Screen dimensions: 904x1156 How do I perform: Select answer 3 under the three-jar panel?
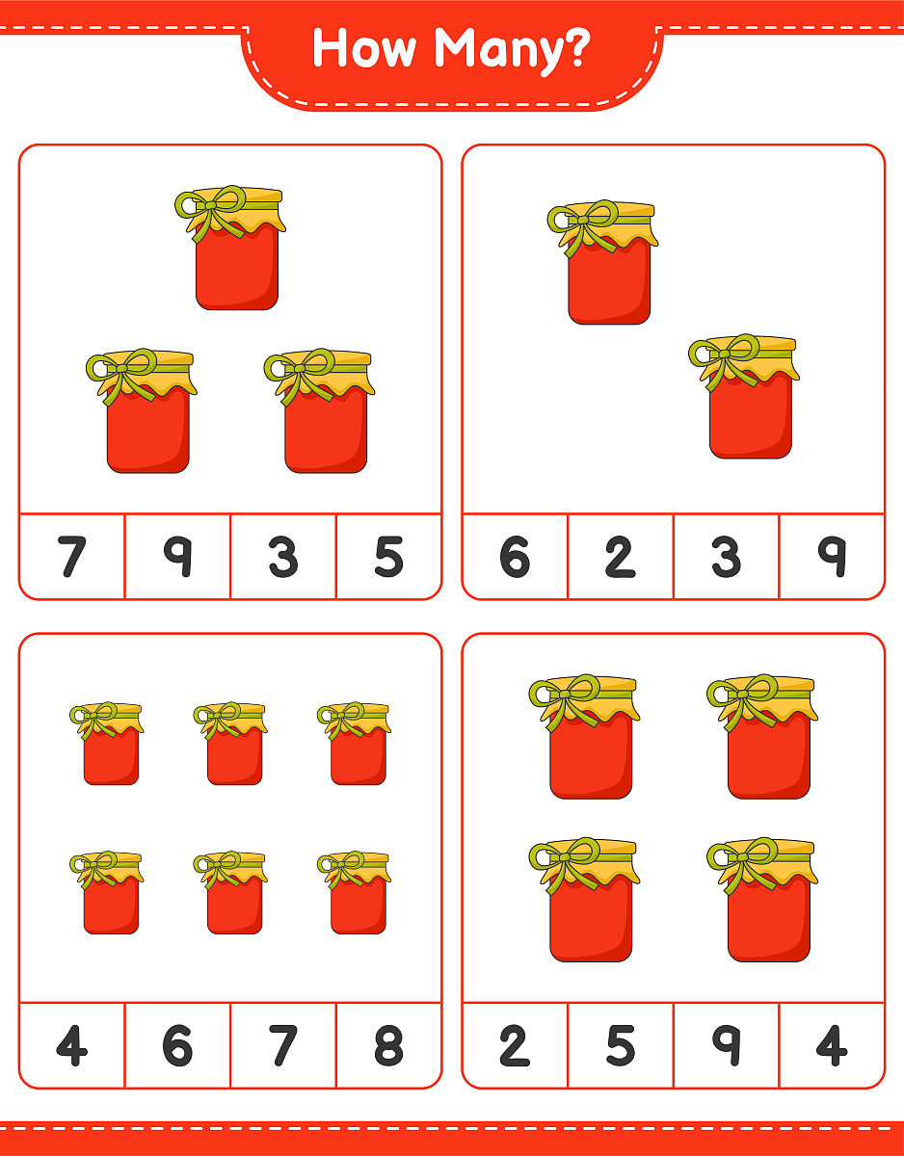coord(283,557)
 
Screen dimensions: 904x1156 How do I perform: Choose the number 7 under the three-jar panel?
coord(72,557)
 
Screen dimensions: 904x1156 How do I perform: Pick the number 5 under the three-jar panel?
coord(389,557)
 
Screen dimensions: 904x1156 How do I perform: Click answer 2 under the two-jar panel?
coord(621,557)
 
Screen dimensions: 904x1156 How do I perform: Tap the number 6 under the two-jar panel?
coord(515,557)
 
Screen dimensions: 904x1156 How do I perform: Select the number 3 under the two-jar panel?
coord(727,557)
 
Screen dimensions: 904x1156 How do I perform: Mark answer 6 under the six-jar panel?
coord(177,1045)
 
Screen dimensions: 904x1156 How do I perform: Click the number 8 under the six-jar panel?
coord(389,1045)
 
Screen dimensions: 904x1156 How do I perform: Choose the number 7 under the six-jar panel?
coord(283,1045)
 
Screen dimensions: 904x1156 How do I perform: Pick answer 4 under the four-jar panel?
coord(832,1045)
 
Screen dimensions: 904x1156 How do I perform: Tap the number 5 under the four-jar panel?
coord(621,1045)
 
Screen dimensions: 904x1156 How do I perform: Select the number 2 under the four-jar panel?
coord(515,1045)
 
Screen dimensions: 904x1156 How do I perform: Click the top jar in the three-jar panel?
coord(231,248)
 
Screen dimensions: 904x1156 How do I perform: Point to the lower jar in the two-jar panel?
coord(744,396)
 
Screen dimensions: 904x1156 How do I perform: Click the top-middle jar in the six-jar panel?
coord(230,743)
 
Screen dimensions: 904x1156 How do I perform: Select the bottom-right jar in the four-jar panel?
coord(762,900)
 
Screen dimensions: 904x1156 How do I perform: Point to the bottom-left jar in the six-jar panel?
coord(107,892)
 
